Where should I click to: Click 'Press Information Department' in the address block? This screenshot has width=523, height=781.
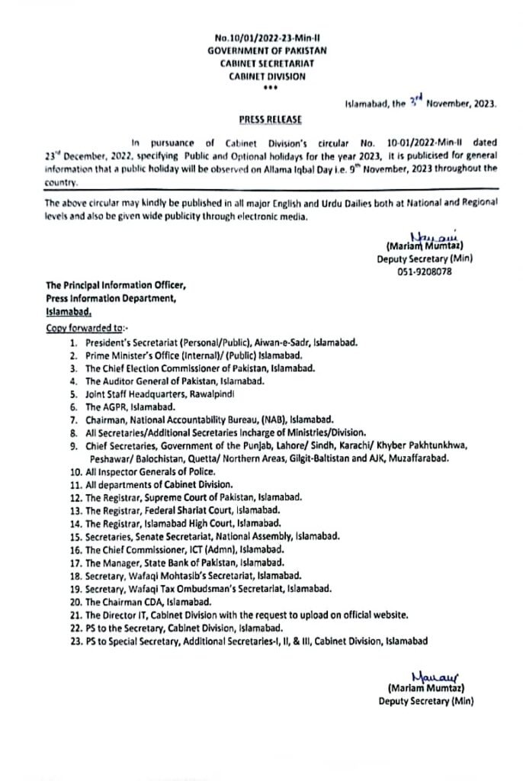coord(111,298)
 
